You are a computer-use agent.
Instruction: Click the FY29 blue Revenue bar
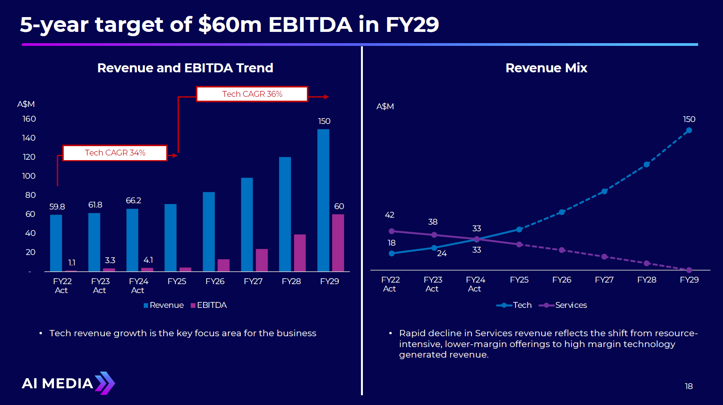click(x=323, y=200)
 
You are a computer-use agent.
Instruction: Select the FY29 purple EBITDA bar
click(x=338, y=243)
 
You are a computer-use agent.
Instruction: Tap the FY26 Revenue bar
click(x=209, y=232)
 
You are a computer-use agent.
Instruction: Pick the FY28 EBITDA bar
click(x=300, y=253)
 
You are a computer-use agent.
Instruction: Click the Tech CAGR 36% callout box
click(x=252, y=94)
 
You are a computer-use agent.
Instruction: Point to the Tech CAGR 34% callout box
click(x=115, y=153)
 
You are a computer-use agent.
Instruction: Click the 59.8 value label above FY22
click(x=57, y=207)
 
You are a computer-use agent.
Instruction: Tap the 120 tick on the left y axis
click(x=29, y=157)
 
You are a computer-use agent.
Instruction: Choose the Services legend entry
click(x=563, y=305)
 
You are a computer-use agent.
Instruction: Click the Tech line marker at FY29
click(x=689, y=131)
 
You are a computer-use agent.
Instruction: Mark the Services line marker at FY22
click(x=392, y=231)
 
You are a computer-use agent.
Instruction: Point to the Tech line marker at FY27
click(x=604, y=192)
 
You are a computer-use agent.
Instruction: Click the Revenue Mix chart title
click(x=546, y=68)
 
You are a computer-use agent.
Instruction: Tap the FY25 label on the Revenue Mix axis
click(x=519, y=280)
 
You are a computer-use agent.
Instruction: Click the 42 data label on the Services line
click(x=390, y=215)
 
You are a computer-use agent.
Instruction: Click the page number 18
click(x=688, y=386)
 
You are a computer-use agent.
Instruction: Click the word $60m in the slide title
click(x=230, y=24)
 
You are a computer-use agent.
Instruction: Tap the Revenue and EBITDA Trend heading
click(x=185, y=68)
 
